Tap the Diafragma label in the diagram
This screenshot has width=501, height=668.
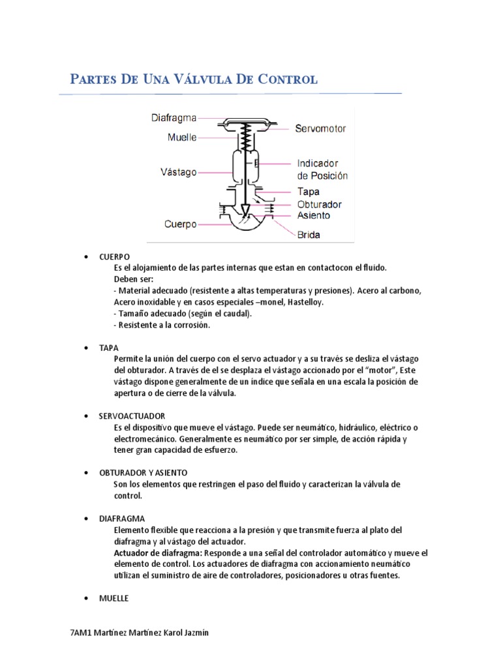point(174,118)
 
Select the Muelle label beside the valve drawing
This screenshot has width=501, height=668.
point(182,138)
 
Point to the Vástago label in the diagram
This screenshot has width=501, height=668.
point(178,172)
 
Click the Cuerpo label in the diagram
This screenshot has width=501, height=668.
point(180,224)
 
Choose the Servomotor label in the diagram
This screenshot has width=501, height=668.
point(320,129)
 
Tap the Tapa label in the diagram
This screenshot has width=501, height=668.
point(309,192)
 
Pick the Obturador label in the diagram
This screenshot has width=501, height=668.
point(320,204)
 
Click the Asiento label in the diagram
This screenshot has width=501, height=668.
point(314,215)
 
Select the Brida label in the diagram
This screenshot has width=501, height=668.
point(309,235)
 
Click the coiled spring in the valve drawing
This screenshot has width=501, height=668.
point(245,138)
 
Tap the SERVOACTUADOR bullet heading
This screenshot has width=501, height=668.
point(132,416)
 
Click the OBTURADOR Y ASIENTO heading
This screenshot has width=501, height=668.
point(143,472)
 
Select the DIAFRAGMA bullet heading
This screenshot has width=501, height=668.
point(122,518)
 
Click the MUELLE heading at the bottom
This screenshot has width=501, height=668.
point(114,598)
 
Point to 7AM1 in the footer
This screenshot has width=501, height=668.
point(81,633)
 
